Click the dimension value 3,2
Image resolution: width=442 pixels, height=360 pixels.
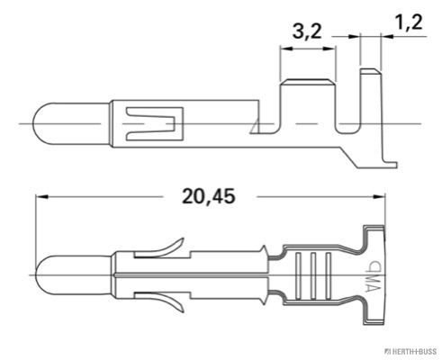[308, 31]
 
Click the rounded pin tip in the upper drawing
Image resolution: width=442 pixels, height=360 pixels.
[45, 121]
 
